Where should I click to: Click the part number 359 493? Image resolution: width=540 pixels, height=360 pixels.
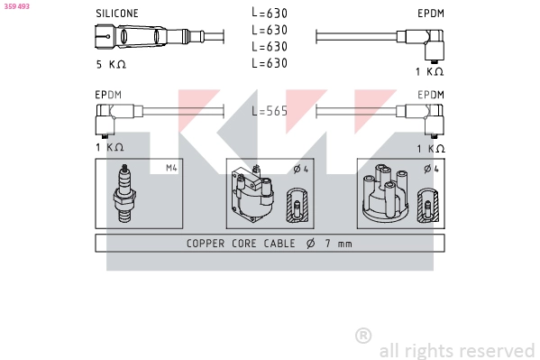17,6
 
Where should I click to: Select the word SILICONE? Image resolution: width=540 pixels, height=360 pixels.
117,14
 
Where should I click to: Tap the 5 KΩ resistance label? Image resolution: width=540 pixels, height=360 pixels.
111,64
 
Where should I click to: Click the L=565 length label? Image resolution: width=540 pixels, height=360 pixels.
270,111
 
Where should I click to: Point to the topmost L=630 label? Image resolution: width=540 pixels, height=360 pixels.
270,14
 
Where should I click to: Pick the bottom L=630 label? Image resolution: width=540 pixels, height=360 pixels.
270,63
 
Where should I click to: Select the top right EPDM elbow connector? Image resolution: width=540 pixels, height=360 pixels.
420,44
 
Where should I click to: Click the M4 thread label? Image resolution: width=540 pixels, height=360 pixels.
171,168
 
